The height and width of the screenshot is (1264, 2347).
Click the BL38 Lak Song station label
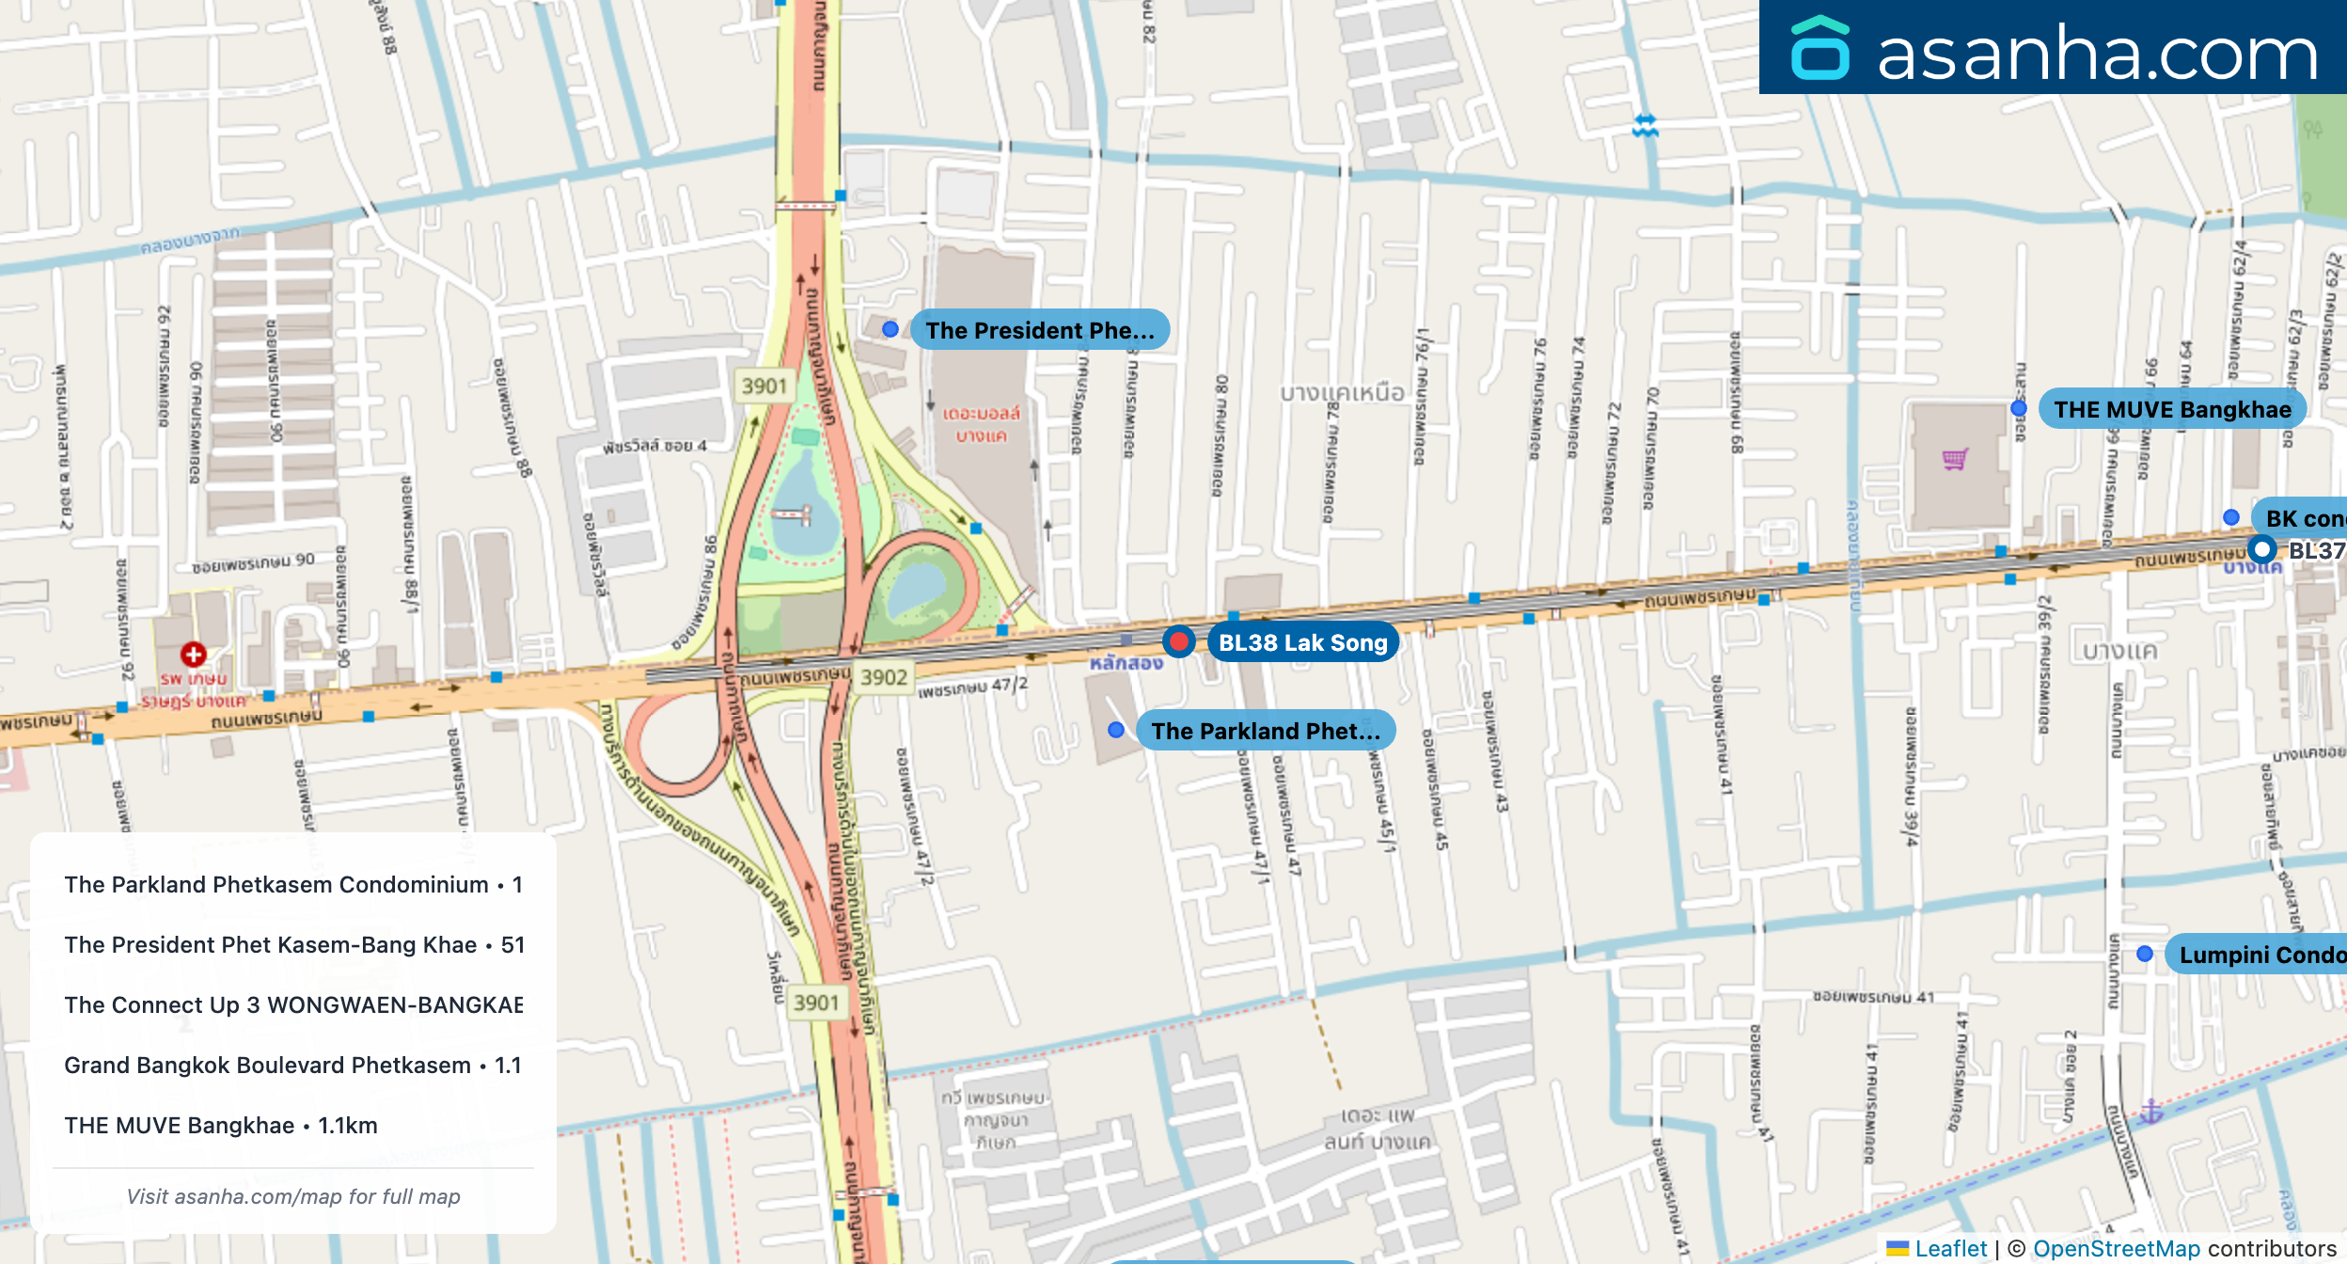[1302, 642]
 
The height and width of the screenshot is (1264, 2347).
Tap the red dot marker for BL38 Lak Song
[1178, 641]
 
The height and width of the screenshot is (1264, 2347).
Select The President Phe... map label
[1039, 330]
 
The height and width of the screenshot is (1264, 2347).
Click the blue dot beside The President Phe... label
[890, 329]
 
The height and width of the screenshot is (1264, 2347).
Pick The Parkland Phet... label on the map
[1266, 731]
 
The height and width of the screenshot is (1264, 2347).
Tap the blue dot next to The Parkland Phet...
[1116, 730]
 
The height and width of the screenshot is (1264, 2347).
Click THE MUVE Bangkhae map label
[2172, 409]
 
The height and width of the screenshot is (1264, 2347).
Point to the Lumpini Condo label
[2261, 955]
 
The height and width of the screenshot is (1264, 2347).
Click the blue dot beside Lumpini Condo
[2145, 954]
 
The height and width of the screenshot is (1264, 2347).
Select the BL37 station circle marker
[2261, 549]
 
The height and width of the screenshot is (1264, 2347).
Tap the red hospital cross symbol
[194, 654]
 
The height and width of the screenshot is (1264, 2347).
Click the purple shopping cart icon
[1956, 459]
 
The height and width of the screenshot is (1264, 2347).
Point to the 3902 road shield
[884, 677]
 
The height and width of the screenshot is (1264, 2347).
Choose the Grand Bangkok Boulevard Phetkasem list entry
[292, 1065]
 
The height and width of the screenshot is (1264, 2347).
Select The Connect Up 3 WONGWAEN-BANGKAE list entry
[292, 1004]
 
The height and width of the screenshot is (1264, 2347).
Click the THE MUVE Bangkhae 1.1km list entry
[221, 1125]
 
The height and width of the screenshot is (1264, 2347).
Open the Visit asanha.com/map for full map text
[293, 1196]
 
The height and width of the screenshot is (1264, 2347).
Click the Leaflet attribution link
[1950, 1248]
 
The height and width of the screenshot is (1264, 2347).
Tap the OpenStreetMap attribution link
[2117, 1248]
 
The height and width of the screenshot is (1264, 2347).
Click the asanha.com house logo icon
[1820, 48]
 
